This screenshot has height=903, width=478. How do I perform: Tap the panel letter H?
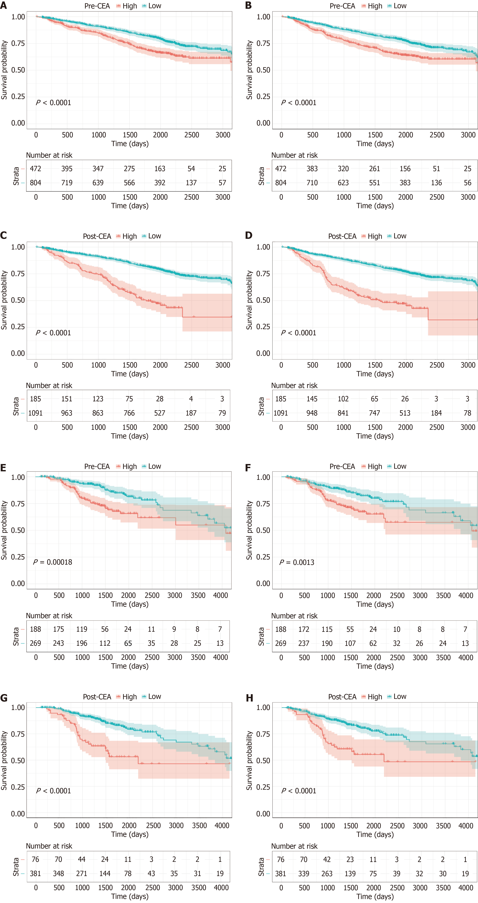click(x=249, y=698)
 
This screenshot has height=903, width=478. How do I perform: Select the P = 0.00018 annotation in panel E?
click(x=53, y=562)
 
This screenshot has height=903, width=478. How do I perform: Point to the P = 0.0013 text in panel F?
click(x=297, y=562)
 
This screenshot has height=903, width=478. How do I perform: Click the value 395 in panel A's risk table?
click(x=67, y=169)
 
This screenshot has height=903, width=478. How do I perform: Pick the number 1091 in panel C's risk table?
click(x=35, y=413)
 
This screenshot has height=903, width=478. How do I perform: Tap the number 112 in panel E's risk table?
click(x=105, y=643)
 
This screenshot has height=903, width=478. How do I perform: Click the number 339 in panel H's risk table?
click(x=304, y=874)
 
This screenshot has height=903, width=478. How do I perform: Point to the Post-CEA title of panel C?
click(x=97, y=236)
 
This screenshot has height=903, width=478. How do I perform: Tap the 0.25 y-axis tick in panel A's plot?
click(x=18, y=96)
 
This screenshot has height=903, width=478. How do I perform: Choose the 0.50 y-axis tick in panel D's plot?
click(x=263, y=300)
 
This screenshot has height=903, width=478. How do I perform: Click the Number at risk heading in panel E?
click(x=49, y=616)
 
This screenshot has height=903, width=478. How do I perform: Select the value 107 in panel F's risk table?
click(x=350, y=643)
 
